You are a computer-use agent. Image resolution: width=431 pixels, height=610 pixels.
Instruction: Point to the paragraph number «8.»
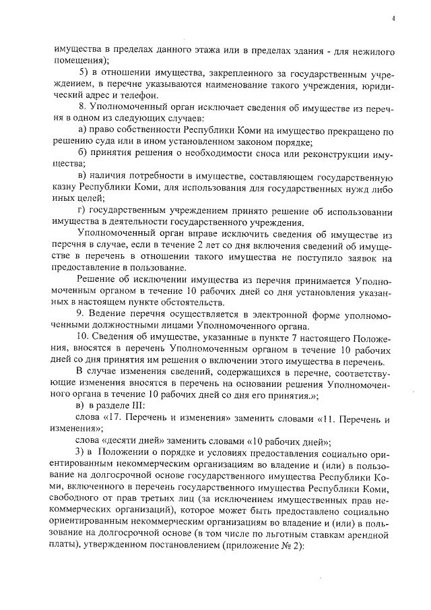(x=83, y=108)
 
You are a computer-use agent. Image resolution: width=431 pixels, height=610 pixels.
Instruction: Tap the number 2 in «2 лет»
(x=225, y=249)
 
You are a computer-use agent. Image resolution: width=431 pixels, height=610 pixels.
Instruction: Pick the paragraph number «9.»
(x=81, y=315)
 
